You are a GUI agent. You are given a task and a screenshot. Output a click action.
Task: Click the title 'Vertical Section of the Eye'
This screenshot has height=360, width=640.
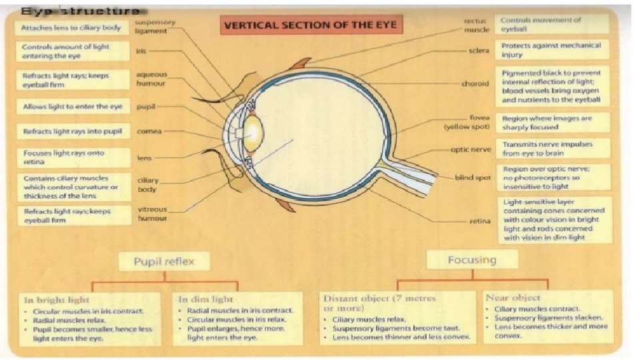point(310,26)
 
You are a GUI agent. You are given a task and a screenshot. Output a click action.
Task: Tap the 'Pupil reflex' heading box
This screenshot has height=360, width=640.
point(164,261)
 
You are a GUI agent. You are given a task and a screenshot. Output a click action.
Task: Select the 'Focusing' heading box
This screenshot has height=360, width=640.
point(471,259)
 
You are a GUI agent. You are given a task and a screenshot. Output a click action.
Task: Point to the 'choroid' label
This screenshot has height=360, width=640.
point(475,84)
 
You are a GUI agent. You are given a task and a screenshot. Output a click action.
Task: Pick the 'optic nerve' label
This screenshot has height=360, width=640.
point(471,150)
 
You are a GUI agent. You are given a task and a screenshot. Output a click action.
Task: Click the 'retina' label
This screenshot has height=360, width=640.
point(479,221)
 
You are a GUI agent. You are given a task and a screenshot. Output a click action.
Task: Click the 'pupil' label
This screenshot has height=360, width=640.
point(146,106)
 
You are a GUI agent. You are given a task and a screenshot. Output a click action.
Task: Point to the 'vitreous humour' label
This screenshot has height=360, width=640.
point(152,213)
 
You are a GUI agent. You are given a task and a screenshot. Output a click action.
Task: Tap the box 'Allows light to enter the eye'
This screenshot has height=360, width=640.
point(73,106)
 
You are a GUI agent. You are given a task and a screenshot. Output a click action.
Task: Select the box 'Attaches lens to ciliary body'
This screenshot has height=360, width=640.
point(71,29)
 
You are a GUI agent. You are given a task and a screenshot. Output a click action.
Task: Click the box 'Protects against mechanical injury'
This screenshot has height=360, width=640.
point(552,50)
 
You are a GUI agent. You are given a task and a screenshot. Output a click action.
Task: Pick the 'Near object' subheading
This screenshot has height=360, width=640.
point(513,297)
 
